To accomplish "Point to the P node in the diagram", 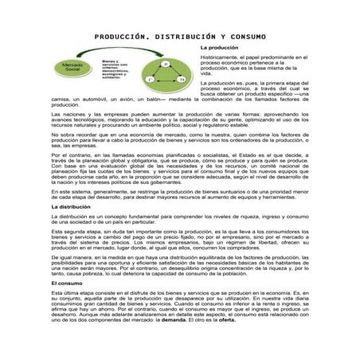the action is coord(165,62).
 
